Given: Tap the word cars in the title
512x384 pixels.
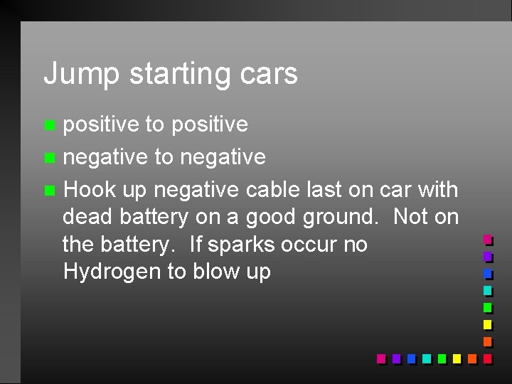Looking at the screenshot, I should coord(273,74).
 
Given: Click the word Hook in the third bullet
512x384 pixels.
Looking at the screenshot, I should coord(86,189).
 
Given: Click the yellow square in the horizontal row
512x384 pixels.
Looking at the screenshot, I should coord(456,358).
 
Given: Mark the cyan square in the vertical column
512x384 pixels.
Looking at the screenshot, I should coord(487,291).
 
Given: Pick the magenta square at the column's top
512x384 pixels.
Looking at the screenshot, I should coord(487,240).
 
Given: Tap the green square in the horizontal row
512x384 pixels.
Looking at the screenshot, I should coord(441,358).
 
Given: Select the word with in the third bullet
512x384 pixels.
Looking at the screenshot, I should coord(437,189).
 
